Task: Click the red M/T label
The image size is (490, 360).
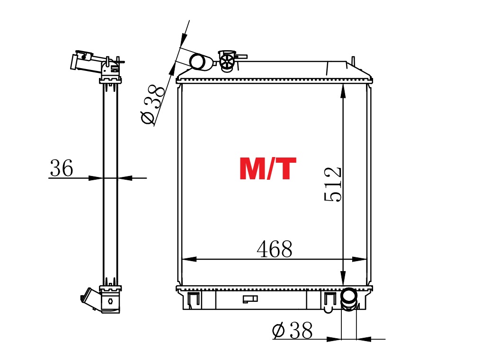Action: point(267,168)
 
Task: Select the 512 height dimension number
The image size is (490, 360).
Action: point(333,184)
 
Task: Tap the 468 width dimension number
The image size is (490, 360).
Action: point(275,249)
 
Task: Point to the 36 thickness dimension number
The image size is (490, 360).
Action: point(61,168)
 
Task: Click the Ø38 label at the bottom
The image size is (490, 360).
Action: point(292,330)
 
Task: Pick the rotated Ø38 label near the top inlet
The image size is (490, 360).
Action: point(153,104)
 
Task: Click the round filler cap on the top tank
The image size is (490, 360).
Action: point(227,61)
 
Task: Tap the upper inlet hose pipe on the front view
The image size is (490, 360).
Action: point(201,62)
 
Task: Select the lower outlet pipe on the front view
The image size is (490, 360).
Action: point(348,300)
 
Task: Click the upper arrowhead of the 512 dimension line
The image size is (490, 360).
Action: point(343,91)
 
